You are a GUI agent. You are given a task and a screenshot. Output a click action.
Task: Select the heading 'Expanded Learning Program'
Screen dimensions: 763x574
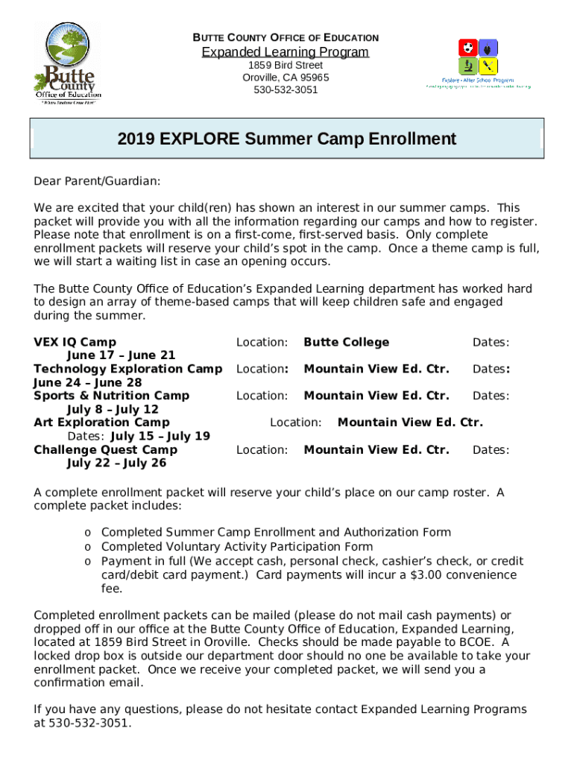coord(286,52)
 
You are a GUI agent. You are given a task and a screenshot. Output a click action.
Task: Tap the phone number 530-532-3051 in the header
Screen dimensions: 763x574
coord(286,90)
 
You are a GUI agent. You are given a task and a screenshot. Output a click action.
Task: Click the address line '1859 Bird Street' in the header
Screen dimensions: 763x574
coord(286,66)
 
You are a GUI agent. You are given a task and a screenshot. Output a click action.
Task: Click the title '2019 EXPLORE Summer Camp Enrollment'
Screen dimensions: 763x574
coord(286,139)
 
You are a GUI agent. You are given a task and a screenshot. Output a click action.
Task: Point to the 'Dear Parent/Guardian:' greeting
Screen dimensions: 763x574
coord(97,181)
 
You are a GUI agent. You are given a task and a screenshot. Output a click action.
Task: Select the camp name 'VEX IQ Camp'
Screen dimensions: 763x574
coord(75,342)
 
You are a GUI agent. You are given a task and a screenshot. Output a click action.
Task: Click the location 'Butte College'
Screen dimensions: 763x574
coord(346,342)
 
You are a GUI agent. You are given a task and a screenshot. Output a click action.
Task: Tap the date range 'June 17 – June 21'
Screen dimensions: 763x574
coord(121,355)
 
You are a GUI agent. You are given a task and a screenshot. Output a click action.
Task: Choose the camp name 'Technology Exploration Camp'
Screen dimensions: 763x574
coord(127,369)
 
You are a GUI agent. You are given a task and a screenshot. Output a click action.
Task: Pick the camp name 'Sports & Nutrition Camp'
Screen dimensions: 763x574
coord(111,396)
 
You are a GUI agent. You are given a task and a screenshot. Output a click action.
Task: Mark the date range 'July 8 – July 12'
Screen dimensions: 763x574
coord(113,409)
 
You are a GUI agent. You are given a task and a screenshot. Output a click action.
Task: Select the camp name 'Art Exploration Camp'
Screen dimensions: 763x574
coord(101,422)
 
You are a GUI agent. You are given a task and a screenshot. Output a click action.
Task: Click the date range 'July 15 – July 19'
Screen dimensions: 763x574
coord(160,436)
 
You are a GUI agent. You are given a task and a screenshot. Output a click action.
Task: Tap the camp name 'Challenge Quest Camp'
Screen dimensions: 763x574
coord(105,449)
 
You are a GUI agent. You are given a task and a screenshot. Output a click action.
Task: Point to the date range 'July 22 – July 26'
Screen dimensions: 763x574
coord(117,463)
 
